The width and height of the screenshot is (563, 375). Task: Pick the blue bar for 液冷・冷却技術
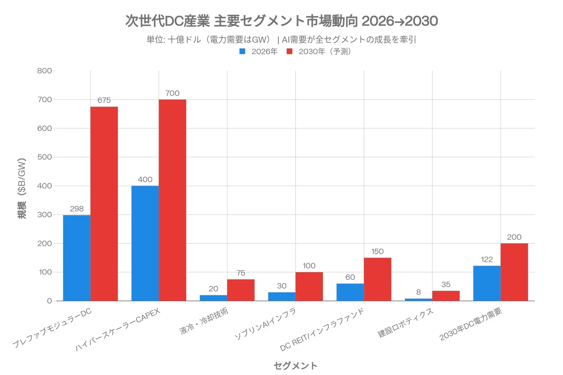coord(213,298)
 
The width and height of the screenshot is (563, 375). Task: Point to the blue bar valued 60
coord(350,292)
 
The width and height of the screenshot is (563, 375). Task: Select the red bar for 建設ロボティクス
coord(446,296)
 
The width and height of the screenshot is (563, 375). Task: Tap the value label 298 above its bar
coord(77,209)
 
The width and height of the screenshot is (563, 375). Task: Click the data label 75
coord(241,273)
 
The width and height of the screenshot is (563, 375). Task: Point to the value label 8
coord(418,292)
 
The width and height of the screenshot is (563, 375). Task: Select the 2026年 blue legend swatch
coord(242,52)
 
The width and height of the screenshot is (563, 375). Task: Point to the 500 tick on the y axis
coord(44,157)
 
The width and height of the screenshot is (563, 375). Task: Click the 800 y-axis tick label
coord(44,71)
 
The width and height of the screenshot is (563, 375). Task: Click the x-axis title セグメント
coord(295,366)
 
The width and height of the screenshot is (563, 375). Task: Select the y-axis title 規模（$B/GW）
coord(22,188)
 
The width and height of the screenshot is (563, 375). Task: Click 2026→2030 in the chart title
coord(400,21)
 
